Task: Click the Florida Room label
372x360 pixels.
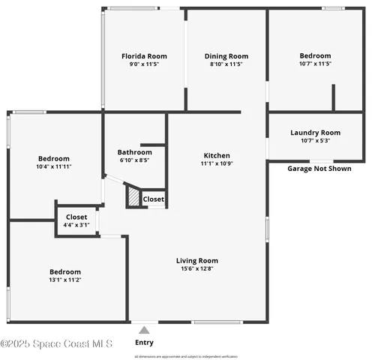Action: (x=144, y=56)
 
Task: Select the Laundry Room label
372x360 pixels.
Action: (x=315, y=133)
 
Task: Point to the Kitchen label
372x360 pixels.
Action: (x=217, y=155)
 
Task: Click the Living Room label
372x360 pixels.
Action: (x=197, y=261)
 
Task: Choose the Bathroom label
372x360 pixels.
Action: (x=135, y=151)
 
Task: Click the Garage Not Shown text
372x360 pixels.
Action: (x=319, y=169)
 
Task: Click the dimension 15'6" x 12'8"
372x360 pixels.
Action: (x=197, y=268)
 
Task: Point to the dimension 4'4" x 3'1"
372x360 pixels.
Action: (x=77, y=224)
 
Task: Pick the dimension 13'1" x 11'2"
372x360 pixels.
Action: (x=65, y=280)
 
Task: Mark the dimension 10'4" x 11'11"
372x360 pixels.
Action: (x=54, y=166)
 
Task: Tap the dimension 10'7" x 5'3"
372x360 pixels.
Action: (x=315, y=140)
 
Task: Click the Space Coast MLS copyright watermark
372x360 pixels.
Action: (x=56, y=344)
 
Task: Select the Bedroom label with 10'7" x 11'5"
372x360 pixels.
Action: (x=315, y=56)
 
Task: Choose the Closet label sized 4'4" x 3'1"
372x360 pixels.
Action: (x=77, y=217)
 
